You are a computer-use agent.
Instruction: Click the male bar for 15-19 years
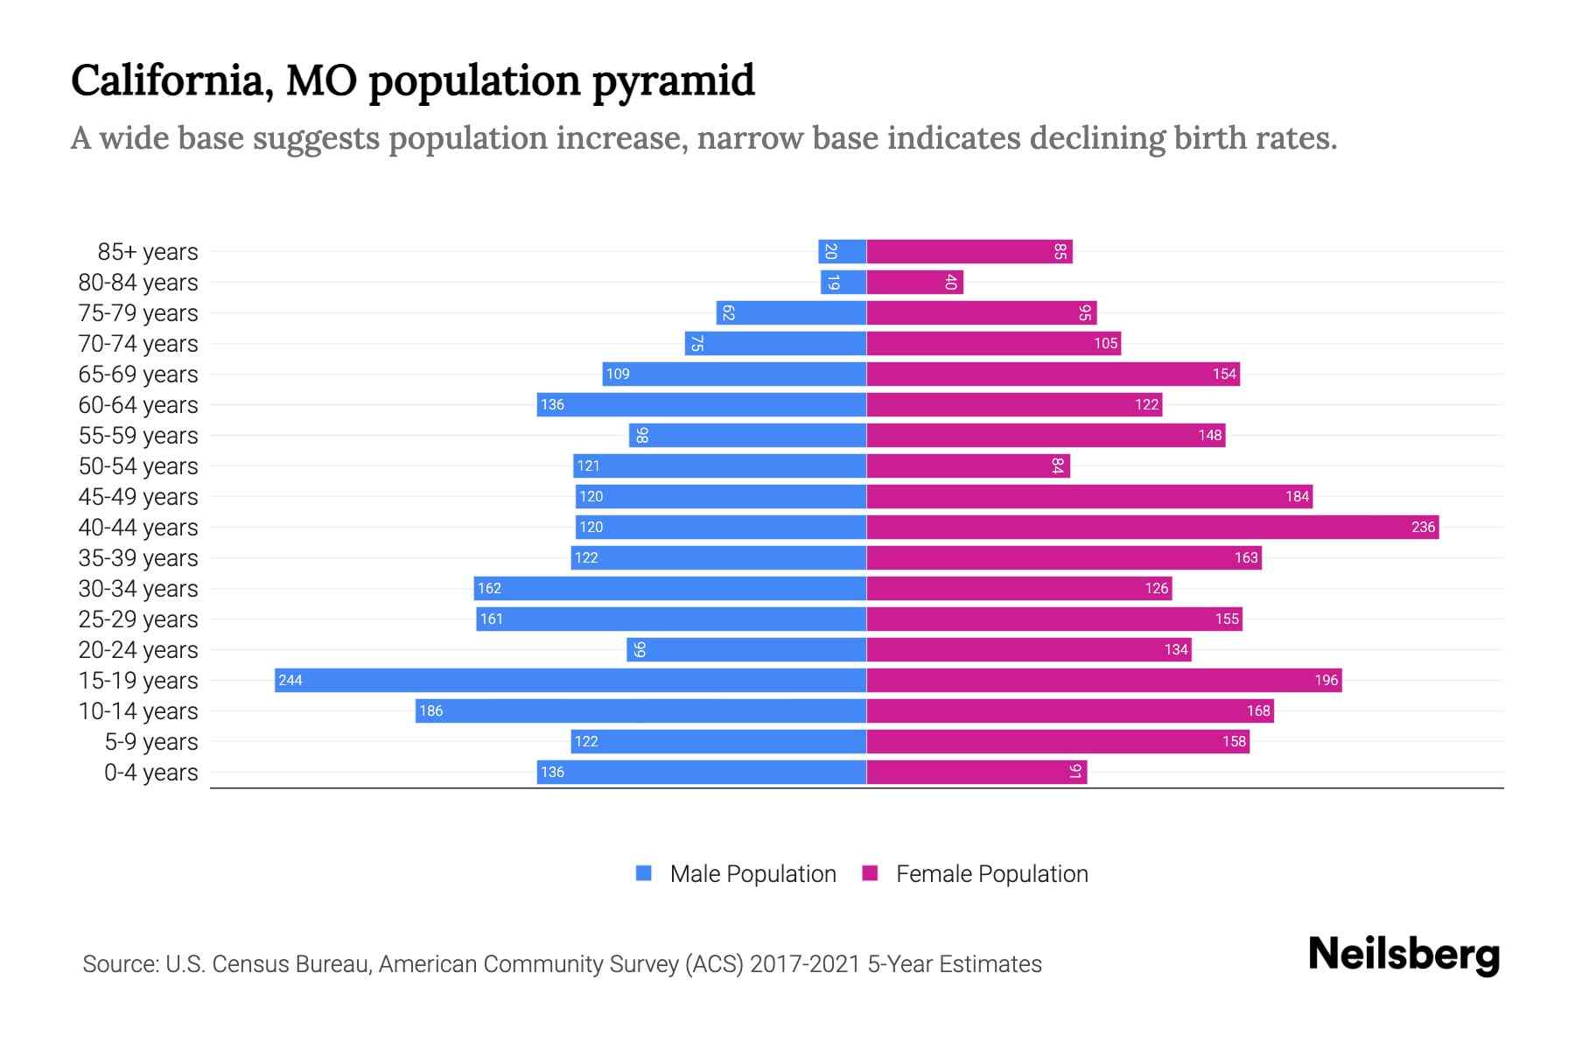570,680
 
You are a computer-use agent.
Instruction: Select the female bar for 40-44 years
1152,527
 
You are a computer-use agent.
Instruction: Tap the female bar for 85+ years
969,252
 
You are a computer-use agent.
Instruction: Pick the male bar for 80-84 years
843,283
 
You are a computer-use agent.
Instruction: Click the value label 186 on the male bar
430,710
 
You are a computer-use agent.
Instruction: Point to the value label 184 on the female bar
1297,496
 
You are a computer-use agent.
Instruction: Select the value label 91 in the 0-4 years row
1075,772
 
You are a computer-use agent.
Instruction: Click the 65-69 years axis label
138,374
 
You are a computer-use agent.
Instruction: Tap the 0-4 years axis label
150,773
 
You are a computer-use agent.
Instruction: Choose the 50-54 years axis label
138,466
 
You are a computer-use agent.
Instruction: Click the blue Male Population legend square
644,873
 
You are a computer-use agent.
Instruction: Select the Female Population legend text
991,874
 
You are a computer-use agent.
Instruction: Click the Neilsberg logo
1403,955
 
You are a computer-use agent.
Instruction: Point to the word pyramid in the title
673,81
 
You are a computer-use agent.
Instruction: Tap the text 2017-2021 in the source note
805,964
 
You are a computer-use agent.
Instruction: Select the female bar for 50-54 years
968,466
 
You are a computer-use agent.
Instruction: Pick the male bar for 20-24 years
746,649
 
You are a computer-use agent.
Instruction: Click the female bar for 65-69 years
1053,374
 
